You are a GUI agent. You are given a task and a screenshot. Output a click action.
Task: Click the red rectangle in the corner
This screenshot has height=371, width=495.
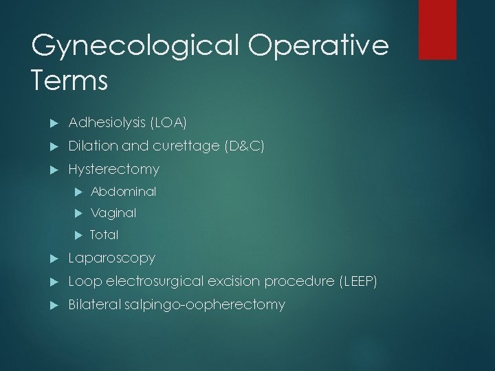click(437, 30)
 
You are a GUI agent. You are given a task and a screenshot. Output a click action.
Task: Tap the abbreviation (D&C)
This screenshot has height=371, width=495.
click(245, 146)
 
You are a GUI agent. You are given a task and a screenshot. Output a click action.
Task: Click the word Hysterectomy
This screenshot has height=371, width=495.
click(113, 169)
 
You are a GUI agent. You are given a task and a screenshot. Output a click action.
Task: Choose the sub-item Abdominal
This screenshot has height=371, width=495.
click(123, 191)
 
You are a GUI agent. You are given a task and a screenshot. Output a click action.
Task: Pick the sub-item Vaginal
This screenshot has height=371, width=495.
click(113, 213)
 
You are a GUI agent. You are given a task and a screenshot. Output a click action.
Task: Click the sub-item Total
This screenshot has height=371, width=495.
click(104, 235)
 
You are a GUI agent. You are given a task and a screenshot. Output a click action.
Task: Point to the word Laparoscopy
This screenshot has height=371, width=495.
click(111, 258)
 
